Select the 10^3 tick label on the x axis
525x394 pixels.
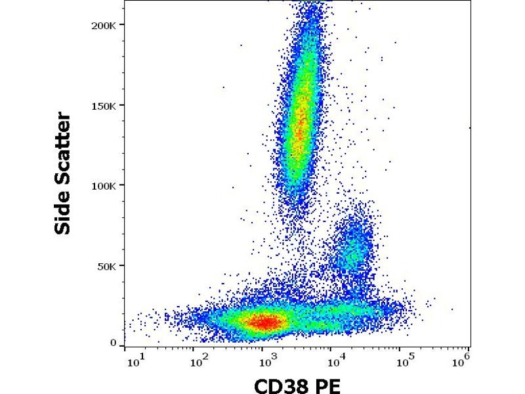pyautogui.click(x=265, y=361)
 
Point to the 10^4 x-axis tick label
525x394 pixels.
pyautogui.click(x=333, y=361)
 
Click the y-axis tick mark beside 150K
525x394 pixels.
pyautogui.click(x=123, y=105)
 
